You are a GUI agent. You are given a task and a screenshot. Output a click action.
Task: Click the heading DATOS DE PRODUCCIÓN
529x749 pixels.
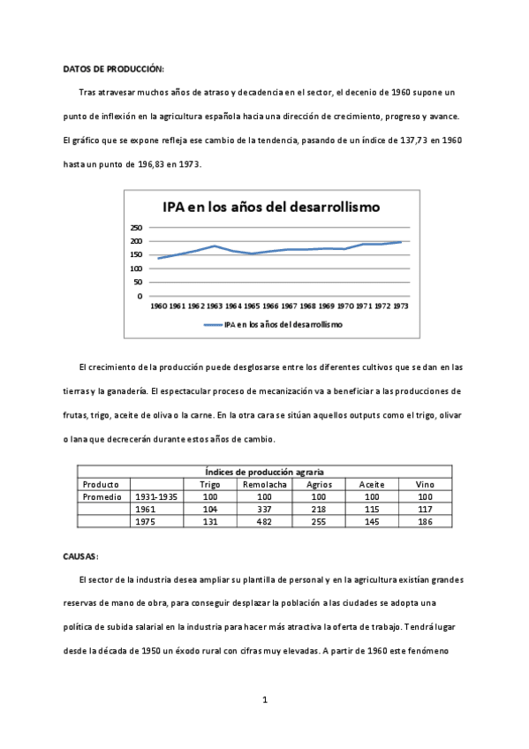coord(113,69)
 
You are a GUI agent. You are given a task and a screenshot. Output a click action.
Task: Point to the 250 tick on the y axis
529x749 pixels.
coord(136,227)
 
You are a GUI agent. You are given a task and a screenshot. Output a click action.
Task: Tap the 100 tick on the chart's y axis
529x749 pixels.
coord(136,269)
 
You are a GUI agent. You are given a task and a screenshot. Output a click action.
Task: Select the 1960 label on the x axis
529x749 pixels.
coord(158,306)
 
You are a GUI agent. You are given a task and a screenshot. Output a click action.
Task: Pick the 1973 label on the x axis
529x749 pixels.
coord(400,306)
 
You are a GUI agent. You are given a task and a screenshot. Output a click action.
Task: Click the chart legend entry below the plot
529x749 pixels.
coord(273,325)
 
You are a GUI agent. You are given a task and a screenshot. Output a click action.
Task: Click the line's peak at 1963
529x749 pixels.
coord(215,246)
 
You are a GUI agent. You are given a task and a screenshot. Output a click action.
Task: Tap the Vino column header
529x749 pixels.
coord(425,485)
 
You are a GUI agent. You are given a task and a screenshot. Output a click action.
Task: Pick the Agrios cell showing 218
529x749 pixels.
coord(319,510)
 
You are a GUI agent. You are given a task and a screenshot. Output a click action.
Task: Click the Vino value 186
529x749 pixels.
coord(425,522)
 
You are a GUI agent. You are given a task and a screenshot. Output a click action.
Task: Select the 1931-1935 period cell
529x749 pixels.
coord(154,497)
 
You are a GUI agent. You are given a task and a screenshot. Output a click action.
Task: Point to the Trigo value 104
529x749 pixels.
coord(209,510)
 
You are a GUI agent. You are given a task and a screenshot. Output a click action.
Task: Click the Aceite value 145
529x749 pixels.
coord(372,522)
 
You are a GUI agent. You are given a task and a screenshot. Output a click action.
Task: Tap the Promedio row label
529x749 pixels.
coord(102,497)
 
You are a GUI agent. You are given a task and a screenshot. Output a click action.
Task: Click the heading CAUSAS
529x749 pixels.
coord(81,556)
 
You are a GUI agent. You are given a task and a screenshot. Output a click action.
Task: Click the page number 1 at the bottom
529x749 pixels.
coord(265,700)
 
